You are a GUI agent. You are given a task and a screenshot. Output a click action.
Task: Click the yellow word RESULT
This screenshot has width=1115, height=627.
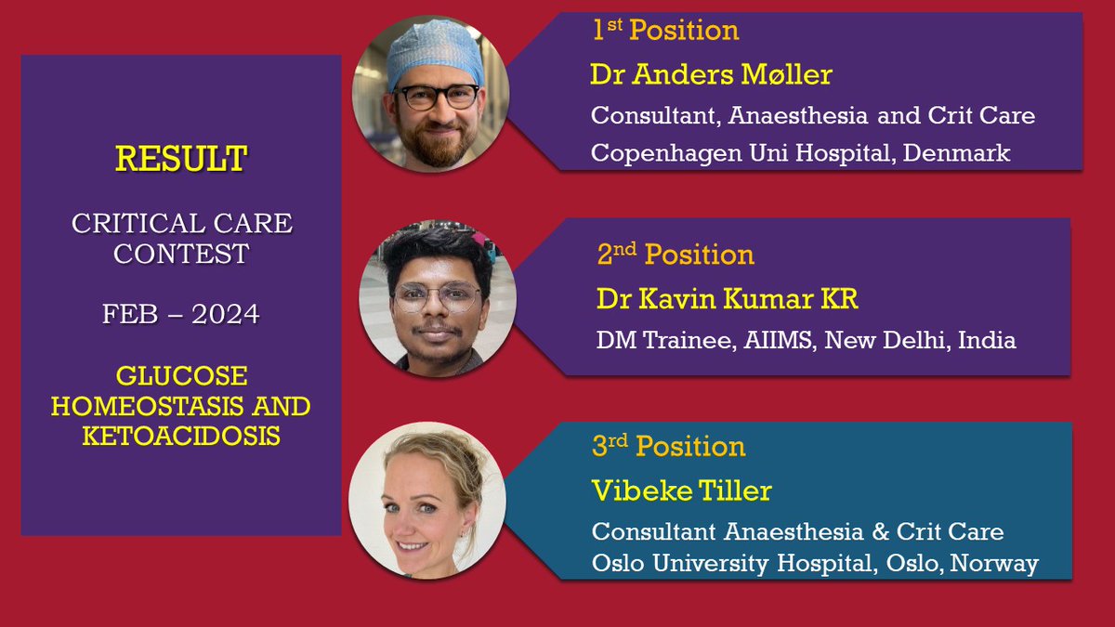[181, 159]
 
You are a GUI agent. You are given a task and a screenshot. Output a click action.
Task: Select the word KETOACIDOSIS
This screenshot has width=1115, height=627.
[181, 435]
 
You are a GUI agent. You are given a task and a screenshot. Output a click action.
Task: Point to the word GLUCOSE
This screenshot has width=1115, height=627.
[181, 376]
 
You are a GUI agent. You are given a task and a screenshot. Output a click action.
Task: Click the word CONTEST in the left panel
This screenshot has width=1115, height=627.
[181, 253]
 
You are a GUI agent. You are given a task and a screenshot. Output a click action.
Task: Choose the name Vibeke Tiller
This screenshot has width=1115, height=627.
[681, 490]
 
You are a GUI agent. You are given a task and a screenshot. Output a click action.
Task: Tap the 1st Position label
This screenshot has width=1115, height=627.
[665, 31]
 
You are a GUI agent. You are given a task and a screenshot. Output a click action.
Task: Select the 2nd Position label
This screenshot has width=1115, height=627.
[676, 255]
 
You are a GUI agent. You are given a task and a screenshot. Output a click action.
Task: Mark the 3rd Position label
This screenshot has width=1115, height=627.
[669, 447]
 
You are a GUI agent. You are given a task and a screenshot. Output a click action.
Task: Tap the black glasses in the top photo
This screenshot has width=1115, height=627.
[436, 96]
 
